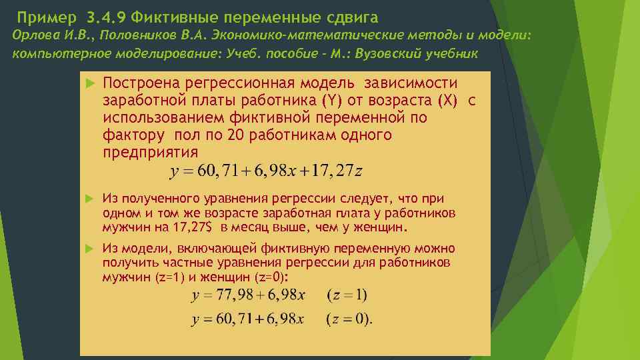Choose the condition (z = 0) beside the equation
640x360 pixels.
click(x=349, y=321)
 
